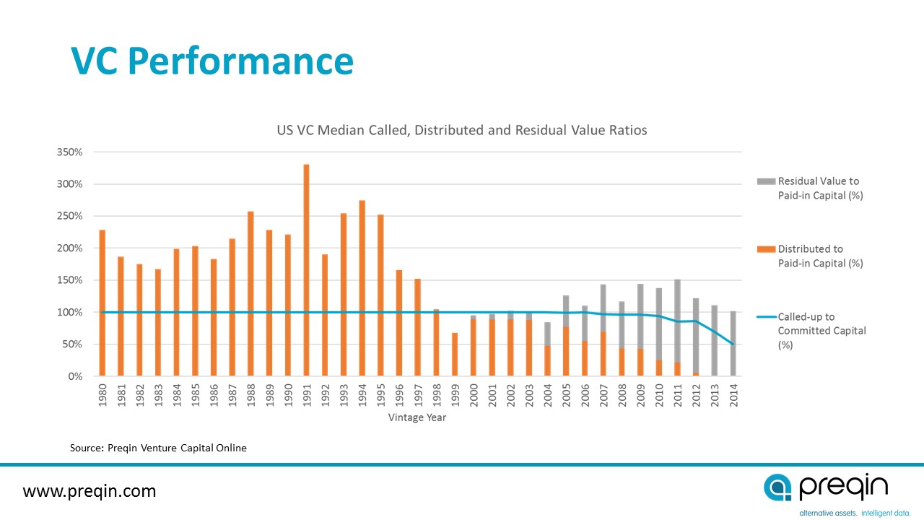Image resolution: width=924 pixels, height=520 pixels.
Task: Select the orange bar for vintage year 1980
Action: (103, 303)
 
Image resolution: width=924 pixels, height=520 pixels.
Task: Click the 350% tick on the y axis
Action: (71, 152)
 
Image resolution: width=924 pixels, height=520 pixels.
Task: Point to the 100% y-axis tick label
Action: (71, 312)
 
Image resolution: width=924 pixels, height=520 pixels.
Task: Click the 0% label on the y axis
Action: (75, 376)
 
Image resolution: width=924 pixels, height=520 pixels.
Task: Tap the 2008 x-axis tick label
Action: (622, 396)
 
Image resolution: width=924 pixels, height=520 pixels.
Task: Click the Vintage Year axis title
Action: (417, 417)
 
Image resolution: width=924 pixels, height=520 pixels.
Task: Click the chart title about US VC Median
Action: (462, 131)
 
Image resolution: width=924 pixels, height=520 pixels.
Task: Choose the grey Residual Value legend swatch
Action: (765, 181)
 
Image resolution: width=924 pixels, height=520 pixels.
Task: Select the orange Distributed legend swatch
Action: (765, 249)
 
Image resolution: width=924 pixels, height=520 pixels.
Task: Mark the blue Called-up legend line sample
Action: (765, 317)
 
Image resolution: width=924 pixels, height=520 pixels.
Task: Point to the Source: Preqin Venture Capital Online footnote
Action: (158, 448)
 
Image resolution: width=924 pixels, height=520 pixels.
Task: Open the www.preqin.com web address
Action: (90, 492)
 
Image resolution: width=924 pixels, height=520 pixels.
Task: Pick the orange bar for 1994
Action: (362, 288)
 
